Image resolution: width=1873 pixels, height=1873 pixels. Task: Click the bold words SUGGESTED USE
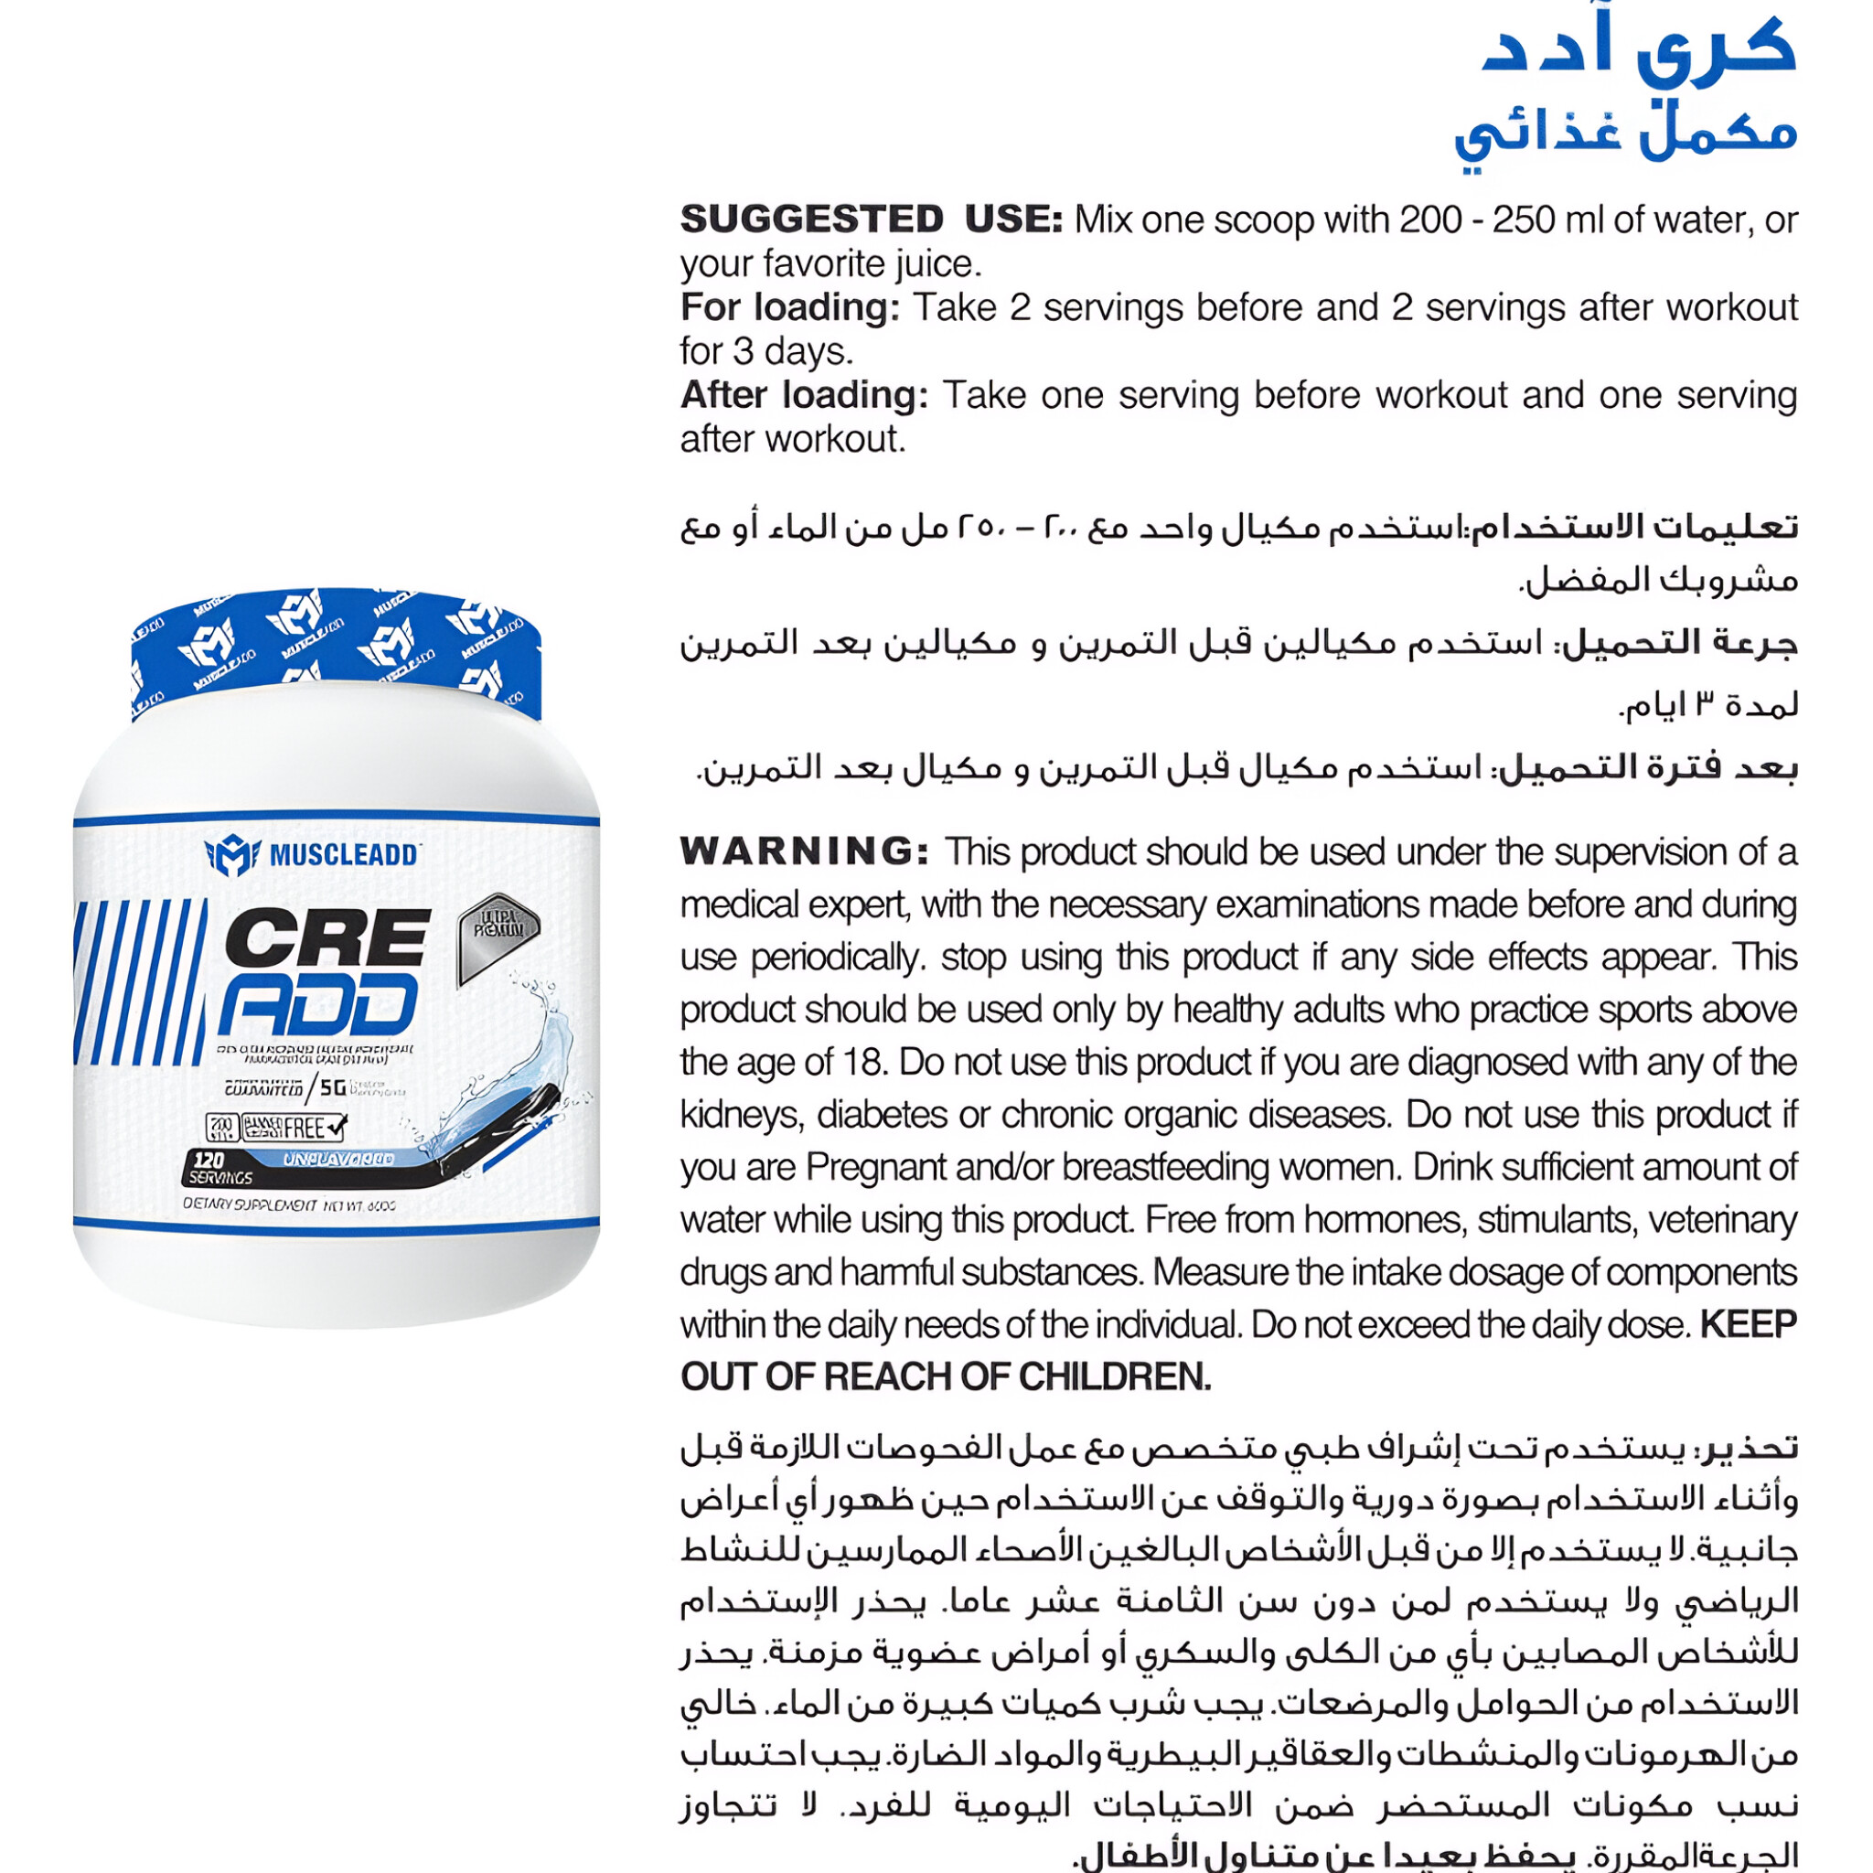[871, 219]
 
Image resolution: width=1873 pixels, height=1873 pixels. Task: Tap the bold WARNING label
[804, 851]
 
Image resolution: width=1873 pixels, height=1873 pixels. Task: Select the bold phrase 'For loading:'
[790, 307]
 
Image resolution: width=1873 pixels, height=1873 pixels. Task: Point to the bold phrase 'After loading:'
[804, 394]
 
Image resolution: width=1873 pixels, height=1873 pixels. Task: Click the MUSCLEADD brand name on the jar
[343, 854]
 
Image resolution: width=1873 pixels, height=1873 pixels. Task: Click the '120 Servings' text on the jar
[220, 1168]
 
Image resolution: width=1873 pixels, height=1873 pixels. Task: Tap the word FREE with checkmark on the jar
[312, 1128]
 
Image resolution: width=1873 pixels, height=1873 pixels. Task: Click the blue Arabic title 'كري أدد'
[1638, 48]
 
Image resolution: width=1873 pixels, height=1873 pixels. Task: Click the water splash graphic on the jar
[524, 1056]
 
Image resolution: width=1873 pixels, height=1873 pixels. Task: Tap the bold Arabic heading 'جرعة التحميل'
[1681, 643]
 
